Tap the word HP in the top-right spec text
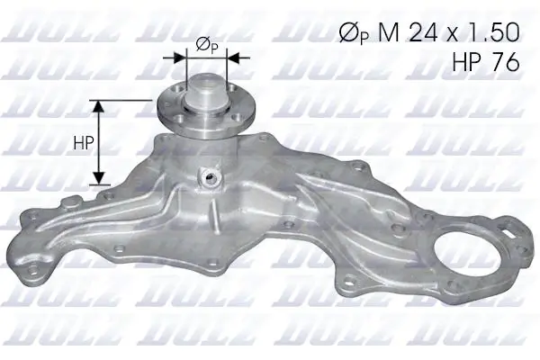click(x=464, y=60)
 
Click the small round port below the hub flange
click(x=212, y=176)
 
